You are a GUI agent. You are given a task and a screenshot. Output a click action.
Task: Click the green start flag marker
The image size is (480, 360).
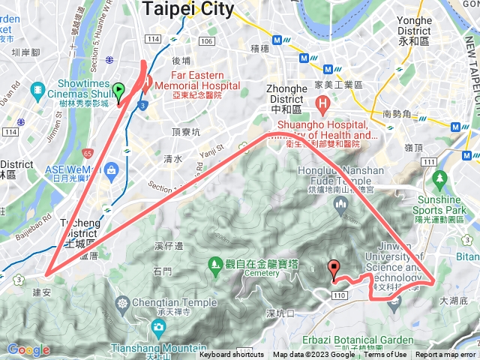[x=118, y=92]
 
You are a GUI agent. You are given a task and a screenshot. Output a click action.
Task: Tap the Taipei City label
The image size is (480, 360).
[x=187, y=8]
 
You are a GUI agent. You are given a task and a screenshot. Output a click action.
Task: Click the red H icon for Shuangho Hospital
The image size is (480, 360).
[x=322, y=103]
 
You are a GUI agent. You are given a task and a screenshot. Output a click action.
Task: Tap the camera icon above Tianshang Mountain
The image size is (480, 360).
[x=157, y=327]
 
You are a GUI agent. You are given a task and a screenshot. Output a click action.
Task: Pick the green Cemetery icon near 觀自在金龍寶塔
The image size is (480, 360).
[x=214, y=264]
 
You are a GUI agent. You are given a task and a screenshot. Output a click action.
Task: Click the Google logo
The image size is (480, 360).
[x=28, y=349]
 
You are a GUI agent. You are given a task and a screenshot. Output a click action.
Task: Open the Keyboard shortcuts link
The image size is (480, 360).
[x=231, y=355]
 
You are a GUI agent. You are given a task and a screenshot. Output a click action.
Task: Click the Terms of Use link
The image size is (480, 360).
[x=385, y=355]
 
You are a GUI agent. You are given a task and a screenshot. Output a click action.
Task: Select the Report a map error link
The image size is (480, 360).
[x=445, y=355]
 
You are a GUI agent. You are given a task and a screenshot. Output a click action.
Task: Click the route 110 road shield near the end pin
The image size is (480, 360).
[x=340, y=296]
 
